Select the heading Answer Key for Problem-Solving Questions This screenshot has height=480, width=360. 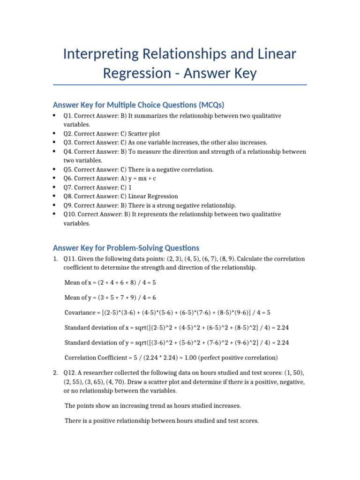tap(126, 248)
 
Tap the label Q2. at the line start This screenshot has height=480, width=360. tap(69, 134)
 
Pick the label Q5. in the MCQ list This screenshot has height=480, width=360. tap(69, 169)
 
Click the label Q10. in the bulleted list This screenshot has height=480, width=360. tap(71, 214)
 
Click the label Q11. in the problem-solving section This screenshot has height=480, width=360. tap(70, 259)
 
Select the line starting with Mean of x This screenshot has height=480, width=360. tap(110, 283)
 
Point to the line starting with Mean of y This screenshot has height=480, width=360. tap(110, 298)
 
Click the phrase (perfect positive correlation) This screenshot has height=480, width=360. tap(240, 358)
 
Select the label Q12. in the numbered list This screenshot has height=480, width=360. tap(70, 373)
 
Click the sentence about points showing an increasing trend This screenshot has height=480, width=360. tap(152, 405)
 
